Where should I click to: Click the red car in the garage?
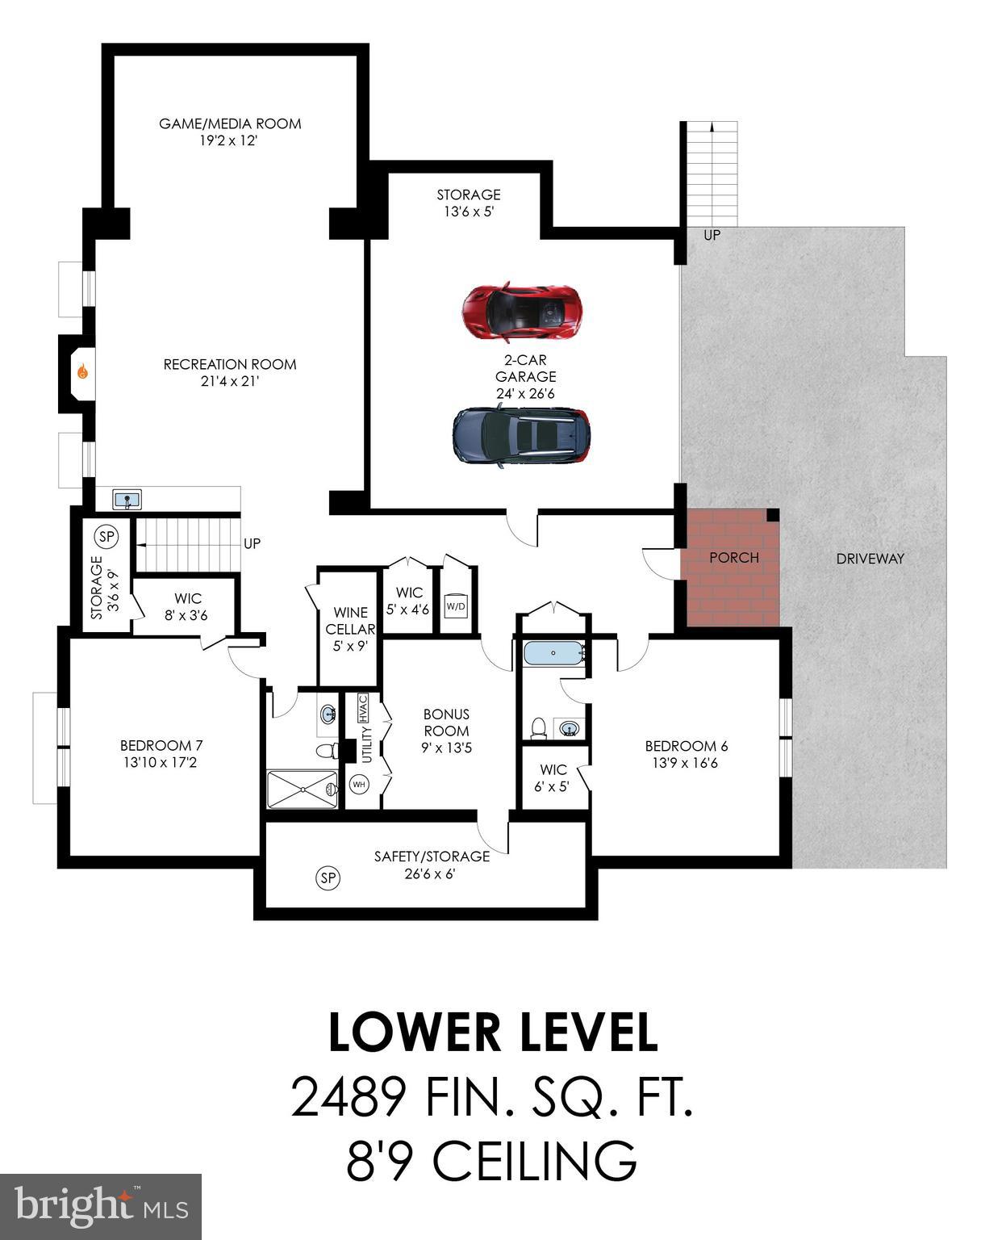click(521, 311)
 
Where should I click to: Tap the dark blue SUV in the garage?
click(521, 437)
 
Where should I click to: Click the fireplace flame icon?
click(82, 372)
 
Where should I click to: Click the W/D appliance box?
click(456, 606)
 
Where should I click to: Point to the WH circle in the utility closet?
click(359, 784)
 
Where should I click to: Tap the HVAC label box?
click(363, 708)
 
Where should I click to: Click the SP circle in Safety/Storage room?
click(328, 878)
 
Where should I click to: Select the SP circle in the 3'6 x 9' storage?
click(106, 535)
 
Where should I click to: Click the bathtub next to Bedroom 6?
click(553, 652)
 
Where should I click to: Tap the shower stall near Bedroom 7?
click(302, 789)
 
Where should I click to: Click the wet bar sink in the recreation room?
click(127, 500)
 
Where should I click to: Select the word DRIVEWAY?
click(870, 558)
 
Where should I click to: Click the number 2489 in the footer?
click(348, 1099)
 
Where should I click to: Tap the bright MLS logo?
click(101, 1206)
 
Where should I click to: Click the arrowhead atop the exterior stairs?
click(712, 126)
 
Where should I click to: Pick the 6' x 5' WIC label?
click(553, 777)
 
